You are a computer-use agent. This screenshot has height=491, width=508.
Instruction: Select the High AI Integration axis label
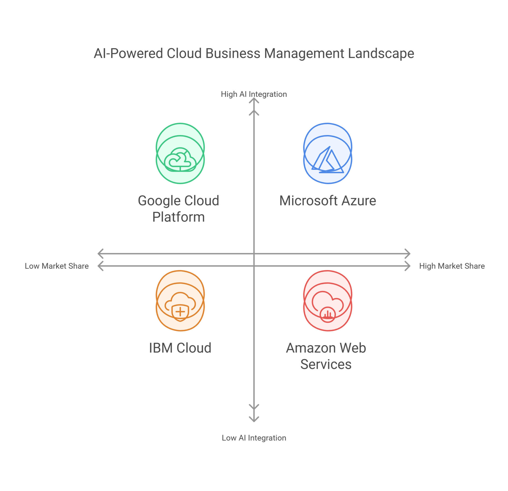click(x=254, y=94)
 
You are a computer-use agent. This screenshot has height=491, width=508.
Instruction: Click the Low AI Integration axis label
click(x=254, y=438)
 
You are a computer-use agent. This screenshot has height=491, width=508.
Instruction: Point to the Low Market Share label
click(x=57, y=266)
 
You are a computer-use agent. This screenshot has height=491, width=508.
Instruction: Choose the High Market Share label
click(x=452, y=266)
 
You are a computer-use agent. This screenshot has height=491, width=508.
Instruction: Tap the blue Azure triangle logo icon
click(x=328, y=161)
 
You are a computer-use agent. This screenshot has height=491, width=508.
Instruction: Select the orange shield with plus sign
click(x=180, y=312)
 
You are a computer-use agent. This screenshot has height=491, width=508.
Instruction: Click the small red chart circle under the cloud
click(x=328, y=314)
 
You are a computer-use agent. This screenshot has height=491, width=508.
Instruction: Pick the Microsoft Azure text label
click(x=328, y=201)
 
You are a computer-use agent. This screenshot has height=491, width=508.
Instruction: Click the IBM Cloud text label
click(x=180, y=348)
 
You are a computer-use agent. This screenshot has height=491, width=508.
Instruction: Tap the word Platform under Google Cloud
click(x=179, y=217)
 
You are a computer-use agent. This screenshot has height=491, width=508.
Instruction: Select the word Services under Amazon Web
click(x=326, y=364)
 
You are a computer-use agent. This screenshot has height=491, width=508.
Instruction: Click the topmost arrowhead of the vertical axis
click(x=254, y=100)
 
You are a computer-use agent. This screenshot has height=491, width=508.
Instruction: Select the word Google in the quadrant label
click(x=159, y=201)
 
